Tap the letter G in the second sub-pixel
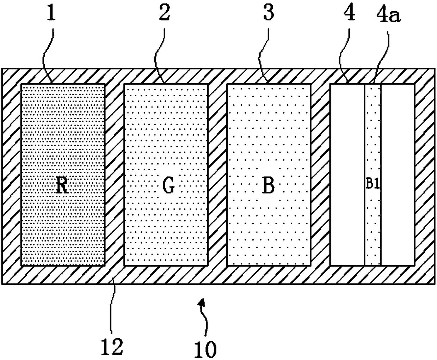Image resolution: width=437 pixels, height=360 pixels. point(168,186)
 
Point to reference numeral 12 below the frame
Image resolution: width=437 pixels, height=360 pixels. point(112,347)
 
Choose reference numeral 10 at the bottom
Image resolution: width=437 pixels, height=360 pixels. point(205,349)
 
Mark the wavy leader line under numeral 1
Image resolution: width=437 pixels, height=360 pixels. point(47,53)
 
